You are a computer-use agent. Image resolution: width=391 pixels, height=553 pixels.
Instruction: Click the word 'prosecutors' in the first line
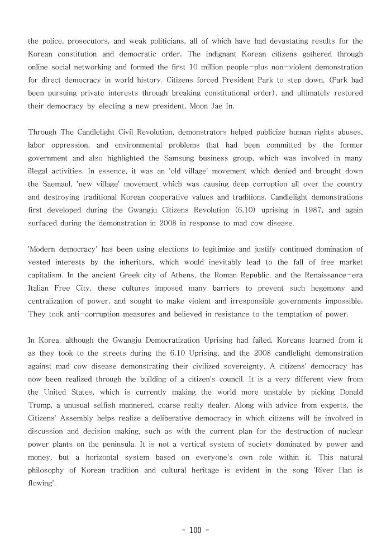click(x=84, y=41)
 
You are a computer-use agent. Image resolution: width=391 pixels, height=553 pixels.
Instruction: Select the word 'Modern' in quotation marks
click(x=43, y=249)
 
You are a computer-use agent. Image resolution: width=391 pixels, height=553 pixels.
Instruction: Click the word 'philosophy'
click(x=48, y=470)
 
